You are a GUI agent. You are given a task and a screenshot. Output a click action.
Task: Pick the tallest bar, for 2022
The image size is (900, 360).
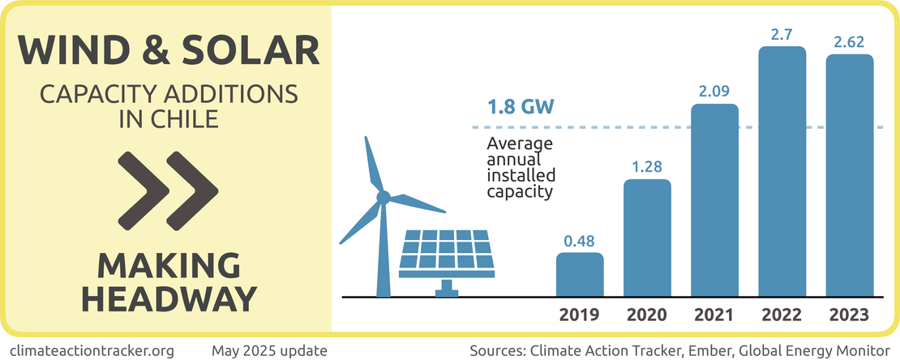pyautogui.click(x=782, y=171)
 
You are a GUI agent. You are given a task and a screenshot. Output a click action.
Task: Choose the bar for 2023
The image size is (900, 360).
pyautogui.click(x=850, y=175)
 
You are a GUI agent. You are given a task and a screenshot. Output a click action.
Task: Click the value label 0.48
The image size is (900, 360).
pyautogui.click(x=580, y=241)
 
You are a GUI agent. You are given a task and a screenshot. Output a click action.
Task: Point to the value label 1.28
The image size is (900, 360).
pyautogui.click(x=647, y=167)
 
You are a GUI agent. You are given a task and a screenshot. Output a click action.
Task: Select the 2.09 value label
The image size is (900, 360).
pyautogui.click(x=714, y=92)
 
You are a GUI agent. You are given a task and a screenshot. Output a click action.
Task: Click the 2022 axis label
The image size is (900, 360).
pyautogui.click(x=782, y=315)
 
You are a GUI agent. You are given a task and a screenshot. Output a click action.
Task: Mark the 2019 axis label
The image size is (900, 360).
pyautogui.click(x=580, y=315)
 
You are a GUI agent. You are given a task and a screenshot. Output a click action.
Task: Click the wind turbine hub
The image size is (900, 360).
pyautogui.click(x=384, y=196)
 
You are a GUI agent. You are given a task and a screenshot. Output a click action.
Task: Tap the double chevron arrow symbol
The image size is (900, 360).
pyautogui.click(x=168, y=190)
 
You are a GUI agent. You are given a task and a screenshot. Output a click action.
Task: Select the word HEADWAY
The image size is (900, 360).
pyautogui.click(x=169, y=298)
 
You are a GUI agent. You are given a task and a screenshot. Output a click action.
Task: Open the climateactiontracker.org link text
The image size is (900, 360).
pyautogui.click(x=92, y=351)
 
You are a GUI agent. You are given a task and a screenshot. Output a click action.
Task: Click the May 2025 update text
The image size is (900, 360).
pyautogui.click(x=269, y=351)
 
